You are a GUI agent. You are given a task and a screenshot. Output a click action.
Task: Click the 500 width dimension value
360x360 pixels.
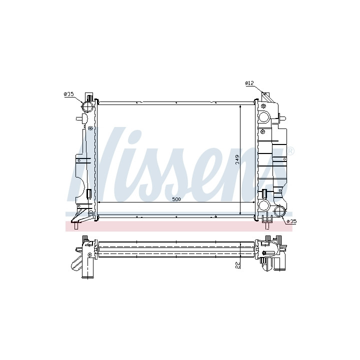[x=176, y=199]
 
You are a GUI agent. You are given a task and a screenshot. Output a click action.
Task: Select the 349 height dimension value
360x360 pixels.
[x=237, y=159]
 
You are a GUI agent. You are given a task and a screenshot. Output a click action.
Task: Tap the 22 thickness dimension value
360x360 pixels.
[x=237, y=265]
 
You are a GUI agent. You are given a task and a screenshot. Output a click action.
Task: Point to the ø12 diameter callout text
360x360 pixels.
[x=249, y=83]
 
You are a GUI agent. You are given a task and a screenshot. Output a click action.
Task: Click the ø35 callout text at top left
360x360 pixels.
[x=68, y=94]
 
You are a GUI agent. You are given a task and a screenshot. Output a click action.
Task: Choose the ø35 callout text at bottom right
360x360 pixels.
[x=292, y=221]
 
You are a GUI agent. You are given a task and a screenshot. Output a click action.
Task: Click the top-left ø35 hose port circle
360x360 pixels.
[x=88, y=106]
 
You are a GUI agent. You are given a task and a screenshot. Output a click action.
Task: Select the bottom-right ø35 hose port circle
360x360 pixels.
[x=280, y=211]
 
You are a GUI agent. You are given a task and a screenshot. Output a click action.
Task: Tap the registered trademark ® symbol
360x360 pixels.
[x=290, y=151]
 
